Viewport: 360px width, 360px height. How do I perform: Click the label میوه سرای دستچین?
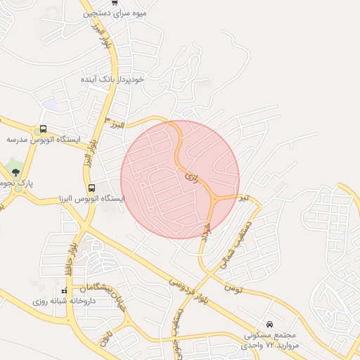point(115,13)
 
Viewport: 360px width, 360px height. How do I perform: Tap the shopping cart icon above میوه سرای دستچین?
point(115,2)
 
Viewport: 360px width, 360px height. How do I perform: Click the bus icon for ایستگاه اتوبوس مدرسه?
point(43,129)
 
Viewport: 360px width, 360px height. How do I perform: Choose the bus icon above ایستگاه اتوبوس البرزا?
point(92,188)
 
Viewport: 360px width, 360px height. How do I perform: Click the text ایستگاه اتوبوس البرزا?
point(92,199)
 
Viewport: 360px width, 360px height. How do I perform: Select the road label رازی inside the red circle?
point(192,179)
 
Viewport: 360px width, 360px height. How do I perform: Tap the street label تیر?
point(243,199)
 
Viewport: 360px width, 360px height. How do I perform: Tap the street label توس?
point(231,288)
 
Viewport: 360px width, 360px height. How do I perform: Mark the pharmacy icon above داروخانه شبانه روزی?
point(64,290)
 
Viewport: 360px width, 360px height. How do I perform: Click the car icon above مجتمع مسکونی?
point(270,324)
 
